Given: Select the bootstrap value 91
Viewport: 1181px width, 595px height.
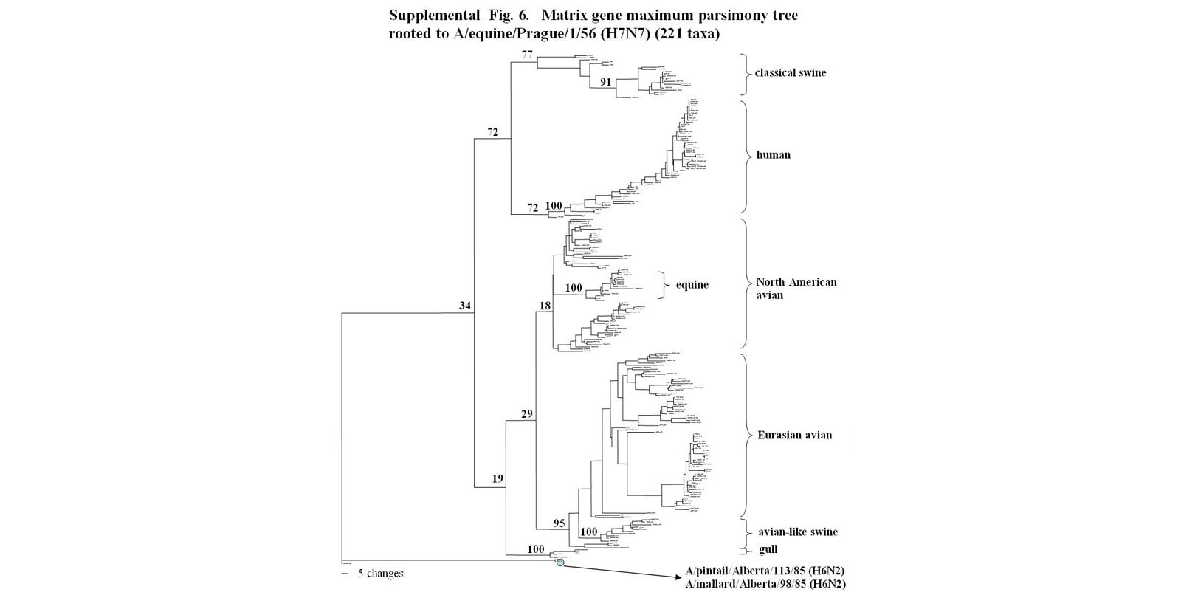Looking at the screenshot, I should pyautogui.click(x=605, y=82).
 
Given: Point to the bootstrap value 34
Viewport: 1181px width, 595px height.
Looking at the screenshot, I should pyautogui.click(x=465, y=306).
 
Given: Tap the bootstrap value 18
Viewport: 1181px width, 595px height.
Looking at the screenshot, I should pyautogui.click(x=545, y=305).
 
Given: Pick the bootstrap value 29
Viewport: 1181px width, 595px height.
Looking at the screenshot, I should pyautogui.click(x=527, y=414).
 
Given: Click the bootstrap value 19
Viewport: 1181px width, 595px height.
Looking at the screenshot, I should pyautogui.click(x=497, y=479).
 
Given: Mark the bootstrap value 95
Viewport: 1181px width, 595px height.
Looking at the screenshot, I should pyautogui.click(x=559, y=523).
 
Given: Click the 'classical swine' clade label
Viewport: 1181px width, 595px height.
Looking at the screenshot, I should pyautogui.click(x=790, y=73).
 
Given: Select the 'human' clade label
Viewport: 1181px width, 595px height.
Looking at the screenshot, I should pyautogui.click(x=773, y=155).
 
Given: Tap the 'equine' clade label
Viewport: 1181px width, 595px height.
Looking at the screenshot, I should pyautogui.click(x=692, y=285).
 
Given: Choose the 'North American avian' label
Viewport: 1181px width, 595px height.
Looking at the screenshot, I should pyautogui.click(x=796, y=289).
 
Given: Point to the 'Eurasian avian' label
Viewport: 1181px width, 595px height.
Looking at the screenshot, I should pyautogui.click(x=794, y=435).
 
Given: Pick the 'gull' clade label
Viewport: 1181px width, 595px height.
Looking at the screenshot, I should pyautogui.click(x=768, y=549).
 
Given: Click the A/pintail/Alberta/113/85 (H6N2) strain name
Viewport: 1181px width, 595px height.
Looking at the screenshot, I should pyautogui.click(x=765, y=571).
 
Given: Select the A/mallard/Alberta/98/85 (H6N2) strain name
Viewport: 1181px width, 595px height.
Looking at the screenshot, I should pyautogui.click(x=765, y=584).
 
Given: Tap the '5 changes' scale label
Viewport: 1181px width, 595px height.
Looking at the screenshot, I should pyautogui.click(x=381, y=574).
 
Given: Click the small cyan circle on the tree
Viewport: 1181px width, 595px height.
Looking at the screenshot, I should pyautogui.click(x=560, y=563).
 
